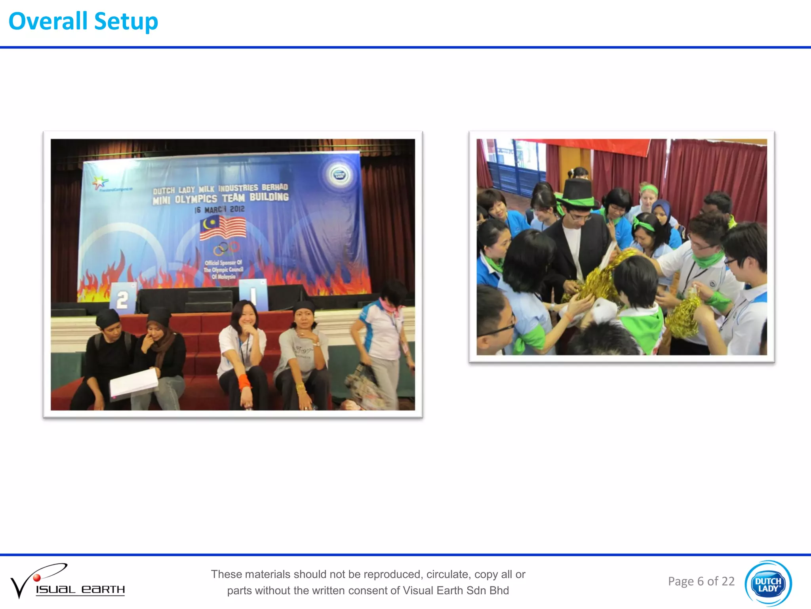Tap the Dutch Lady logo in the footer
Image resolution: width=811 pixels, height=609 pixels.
(x=768, y=583)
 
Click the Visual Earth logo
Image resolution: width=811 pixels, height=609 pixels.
(x=67, y=581)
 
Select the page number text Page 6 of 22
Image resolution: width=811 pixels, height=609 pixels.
(x=701, y=581)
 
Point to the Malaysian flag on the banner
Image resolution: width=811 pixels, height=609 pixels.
(x=223, y=228)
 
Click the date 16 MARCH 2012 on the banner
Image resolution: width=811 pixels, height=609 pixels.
(x=219, y=209)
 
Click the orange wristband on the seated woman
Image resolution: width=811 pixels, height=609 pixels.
(x=244, y=381)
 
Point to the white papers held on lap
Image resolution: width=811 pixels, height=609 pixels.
(x=133, y=383)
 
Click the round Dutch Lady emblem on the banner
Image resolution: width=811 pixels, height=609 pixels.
(x=340, y=175)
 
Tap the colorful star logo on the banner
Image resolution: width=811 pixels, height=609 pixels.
(x=100, y=182)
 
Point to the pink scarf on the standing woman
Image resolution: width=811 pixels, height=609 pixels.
(x=389, y=307)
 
